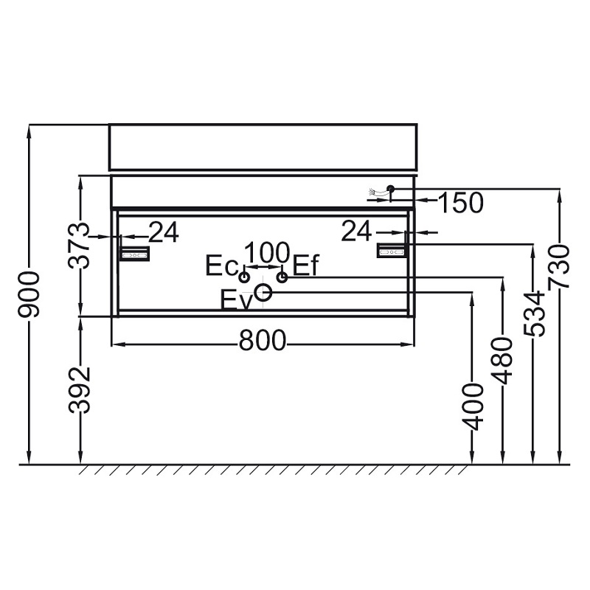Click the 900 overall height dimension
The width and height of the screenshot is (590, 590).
(x=29, y=294)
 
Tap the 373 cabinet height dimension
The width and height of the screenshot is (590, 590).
(x=79, y=246)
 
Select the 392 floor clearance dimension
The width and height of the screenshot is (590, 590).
(x=80, y=390)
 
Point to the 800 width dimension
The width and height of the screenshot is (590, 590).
(x=263, y=341)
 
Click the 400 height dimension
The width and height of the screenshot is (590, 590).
(x=472, y=407)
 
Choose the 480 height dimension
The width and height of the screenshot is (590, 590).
(x=502, y=361)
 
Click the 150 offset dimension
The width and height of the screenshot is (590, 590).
(x=460, y=202)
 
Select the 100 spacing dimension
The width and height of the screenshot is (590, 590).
(x=267, y=252)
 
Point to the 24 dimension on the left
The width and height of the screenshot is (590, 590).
(x=164, y=232)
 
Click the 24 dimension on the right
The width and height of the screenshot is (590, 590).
(x=356, y=231)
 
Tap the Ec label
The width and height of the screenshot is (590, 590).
(x=222, y=265)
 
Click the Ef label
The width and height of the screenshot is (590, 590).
(x=305, y=265)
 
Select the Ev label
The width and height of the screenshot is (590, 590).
(x=235, y=300)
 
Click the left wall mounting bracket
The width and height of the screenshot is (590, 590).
(x=135, y=254)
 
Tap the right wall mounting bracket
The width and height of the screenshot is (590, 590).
(x=392, y=250)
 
